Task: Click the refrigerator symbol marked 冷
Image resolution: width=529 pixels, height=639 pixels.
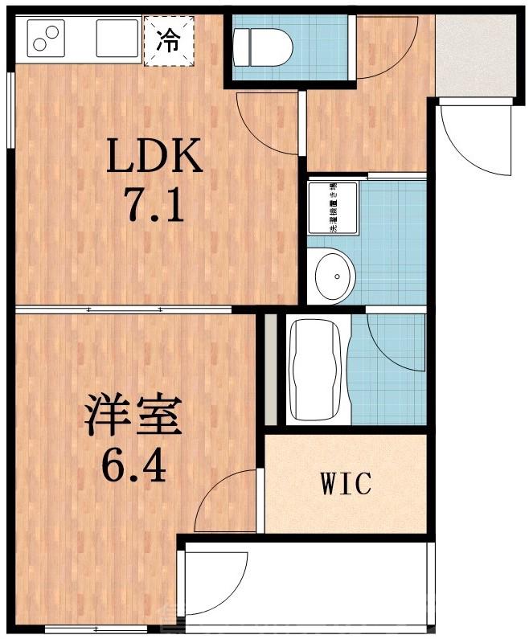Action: click(x=169, y=39)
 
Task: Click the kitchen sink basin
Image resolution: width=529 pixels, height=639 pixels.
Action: click(x=117, y=38)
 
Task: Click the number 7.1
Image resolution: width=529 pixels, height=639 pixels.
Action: click(x=156, y=206)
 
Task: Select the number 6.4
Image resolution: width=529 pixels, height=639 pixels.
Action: click(x=135, y=465)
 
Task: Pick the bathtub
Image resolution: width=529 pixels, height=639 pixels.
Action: click(x=314, y=369)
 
